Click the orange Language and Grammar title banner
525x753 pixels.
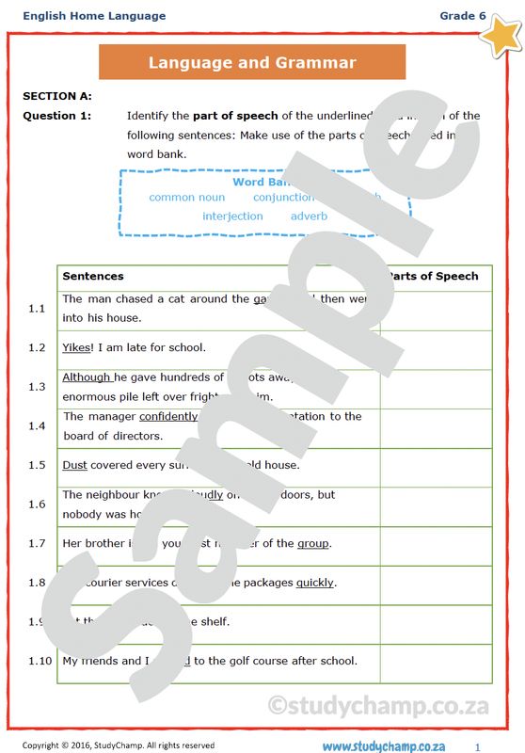(x=252, y=63)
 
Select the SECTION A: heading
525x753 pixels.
(x=57, y=96)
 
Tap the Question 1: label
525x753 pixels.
(x=57, y=116)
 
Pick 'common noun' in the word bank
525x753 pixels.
(x=186, y=198)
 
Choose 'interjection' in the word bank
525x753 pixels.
(x=232, y=216)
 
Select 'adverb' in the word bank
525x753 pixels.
(x=309, y=216)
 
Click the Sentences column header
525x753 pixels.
(x=92, y=277)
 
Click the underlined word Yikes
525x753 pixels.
(x=75, y=347)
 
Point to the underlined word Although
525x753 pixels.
(x=87, y=377)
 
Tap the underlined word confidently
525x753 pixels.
(x=168, y=416)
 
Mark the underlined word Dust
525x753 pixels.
(x=74, y=465)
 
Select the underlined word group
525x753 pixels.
(x=313, y=543)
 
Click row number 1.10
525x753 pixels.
(x=39, y=661)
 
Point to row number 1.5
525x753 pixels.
(x=37, y=465)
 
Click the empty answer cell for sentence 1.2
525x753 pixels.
(x=437, y=347)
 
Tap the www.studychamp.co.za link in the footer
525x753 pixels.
(x=383, y=746)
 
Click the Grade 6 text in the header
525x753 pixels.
(x=462, y=16)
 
